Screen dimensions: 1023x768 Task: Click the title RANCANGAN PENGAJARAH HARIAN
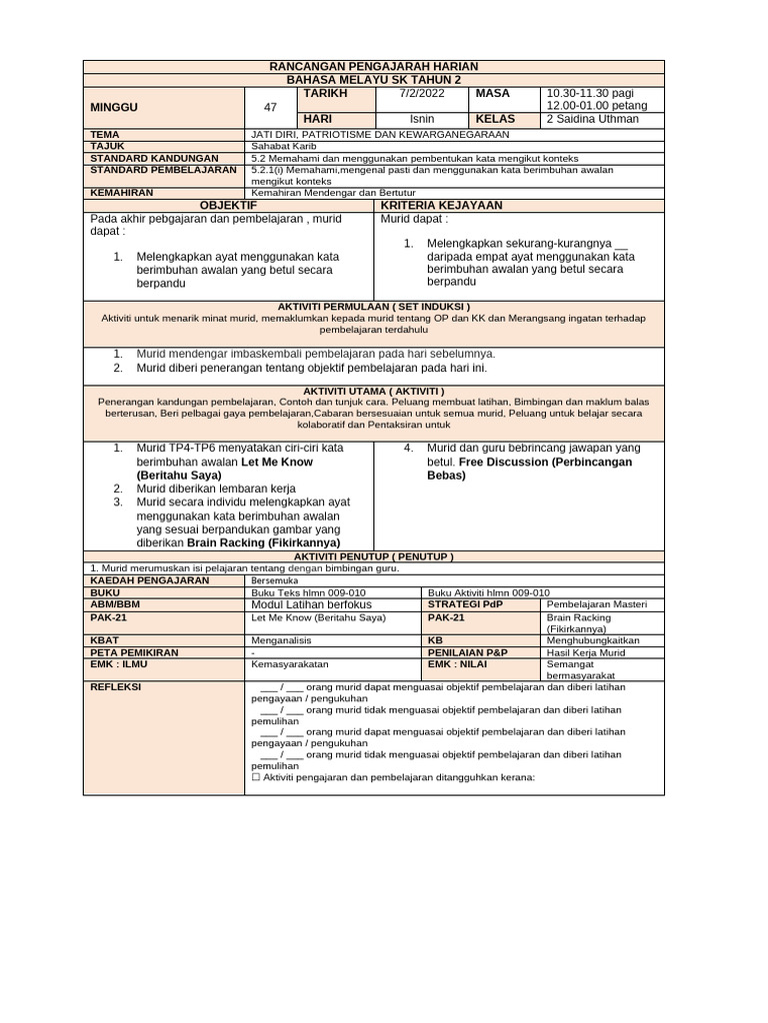(x=375, y=66)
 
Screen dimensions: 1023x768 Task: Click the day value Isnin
(x=422, y=119)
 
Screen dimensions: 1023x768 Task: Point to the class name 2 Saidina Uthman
(x=591, y=119)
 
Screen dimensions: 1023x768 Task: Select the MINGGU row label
(x=115, y=106)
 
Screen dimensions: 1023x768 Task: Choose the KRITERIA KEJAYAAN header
(x=426, y=205)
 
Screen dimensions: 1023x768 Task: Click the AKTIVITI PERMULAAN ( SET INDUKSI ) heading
(x=374, y=306)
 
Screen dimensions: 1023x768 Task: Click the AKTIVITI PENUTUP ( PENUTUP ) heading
(x=374, y=555)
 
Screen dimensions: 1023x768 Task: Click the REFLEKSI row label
(x=116, y=687)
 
